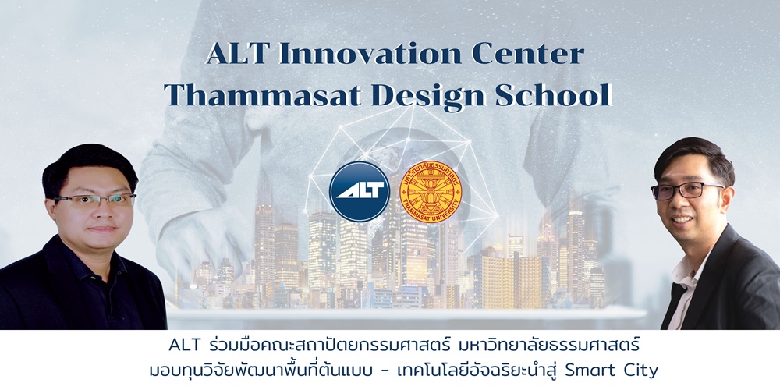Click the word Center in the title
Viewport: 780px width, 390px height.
pos(528,54)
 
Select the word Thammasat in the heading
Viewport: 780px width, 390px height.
pos(263,94)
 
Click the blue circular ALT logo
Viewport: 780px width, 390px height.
pos(359,191)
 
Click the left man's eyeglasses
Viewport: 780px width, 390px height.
pos(94,200)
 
